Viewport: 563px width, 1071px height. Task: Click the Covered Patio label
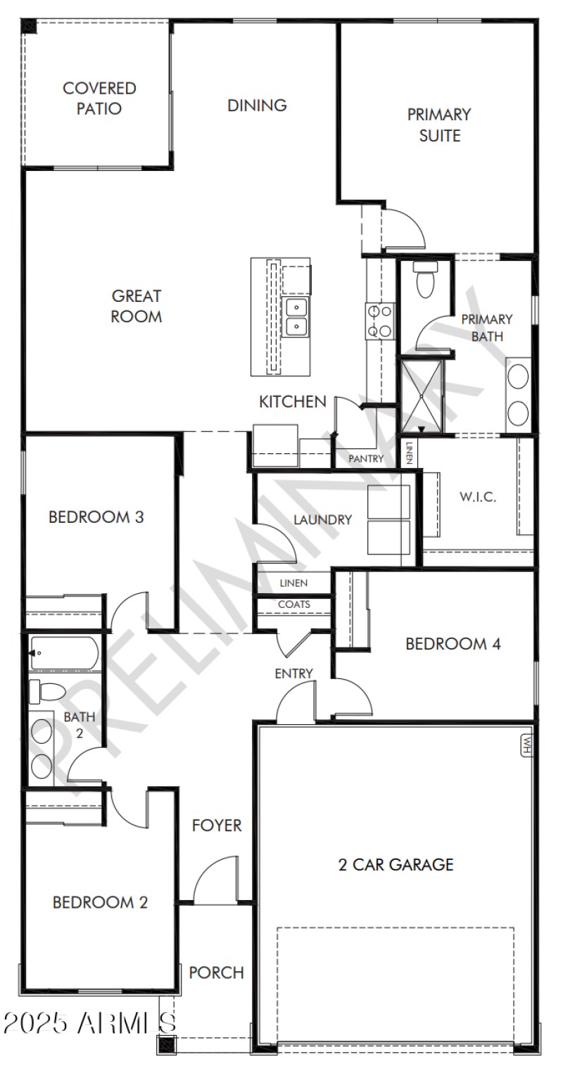[99, 99]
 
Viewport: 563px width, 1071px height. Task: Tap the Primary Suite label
[439, 125]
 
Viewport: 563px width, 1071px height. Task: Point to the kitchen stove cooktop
[380, 320]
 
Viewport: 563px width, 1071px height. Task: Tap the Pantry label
[367, 460]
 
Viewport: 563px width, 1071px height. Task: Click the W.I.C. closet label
[478, 497]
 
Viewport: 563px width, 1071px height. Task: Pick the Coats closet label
[293, 604]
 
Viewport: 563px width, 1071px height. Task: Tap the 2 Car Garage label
[396, 865]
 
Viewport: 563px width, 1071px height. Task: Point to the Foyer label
[217, 825]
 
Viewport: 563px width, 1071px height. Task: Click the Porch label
[216, 972]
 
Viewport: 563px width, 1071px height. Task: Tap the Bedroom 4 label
[453, 644]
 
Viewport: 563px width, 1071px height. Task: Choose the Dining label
[257, 106]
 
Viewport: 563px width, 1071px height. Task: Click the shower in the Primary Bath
[422, 395]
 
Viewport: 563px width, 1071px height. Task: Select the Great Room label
[136, 306]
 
